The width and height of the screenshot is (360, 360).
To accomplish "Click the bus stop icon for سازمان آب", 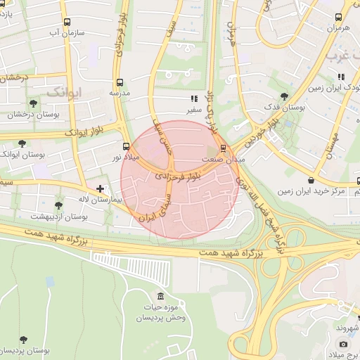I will [x=67, y=22].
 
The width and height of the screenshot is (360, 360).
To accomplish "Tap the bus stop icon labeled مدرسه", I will [x=119, y=82].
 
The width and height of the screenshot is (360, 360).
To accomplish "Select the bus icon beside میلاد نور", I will [x=126, y=147].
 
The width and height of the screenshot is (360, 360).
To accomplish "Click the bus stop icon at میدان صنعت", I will [x=224, y=148].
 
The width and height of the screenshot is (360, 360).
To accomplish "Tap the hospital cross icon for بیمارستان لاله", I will [x=101, y=188].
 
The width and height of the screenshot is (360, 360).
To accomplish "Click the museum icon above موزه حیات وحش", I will [x=162, y=295].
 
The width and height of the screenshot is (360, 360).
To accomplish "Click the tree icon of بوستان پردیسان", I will [x=25, y=339].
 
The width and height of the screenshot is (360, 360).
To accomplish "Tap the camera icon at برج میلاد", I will [x=343, y=345].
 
